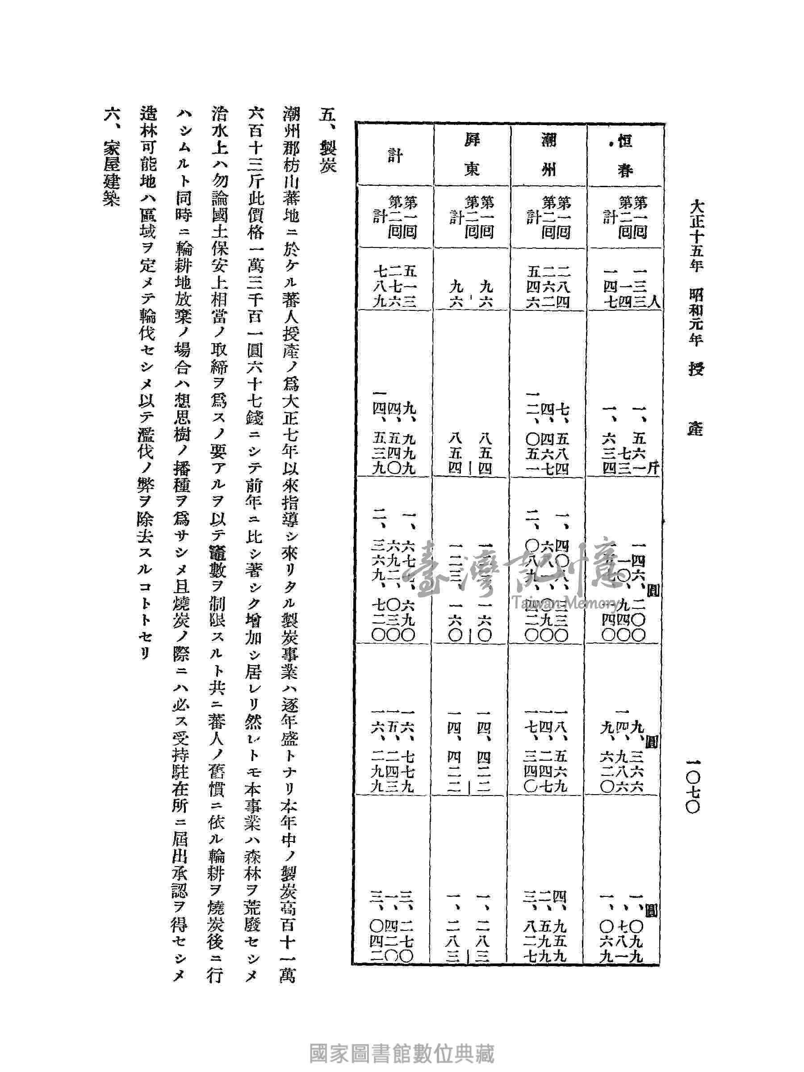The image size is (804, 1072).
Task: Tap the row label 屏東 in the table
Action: tap(472, 156)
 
